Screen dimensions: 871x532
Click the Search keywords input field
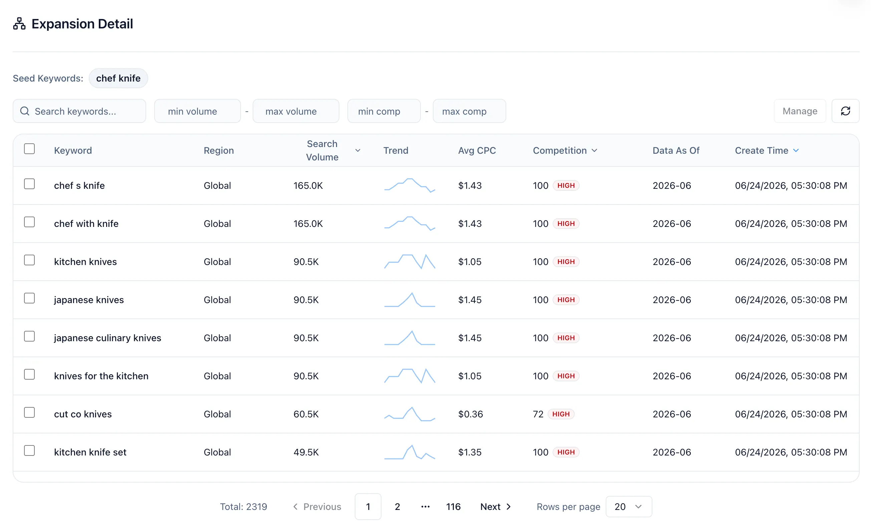pos(79,111)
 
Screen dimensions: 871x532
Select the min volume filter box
pos(197,111)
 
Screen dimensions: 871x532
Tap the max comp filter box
pos(469,111)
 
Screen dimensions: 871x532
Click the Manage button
pos(800,111)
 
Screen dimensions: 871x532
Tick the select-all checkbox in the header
pos(29,149)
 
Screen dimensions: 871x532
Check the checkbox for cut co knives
pos(29,412)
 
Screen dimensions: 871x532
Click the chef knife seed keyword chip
pos(118,78)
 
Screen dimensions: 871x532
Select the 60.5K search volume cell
pos(306,414)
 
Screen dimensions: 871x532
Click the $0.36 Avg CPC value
pos(471,414)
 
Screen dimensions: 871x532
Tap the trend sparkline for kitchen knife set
pos(410,452)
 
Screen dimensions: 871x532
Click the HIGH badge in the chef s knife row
pos(566,185)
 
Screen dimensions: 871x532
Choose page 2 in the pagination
pos(397,507)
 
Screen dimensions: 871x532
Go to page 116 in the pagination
pos(453,507)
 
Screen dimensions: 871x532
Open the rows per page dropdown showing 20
pos(628,507)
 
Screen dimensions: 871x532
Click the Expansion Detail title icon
pos(19,24)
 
